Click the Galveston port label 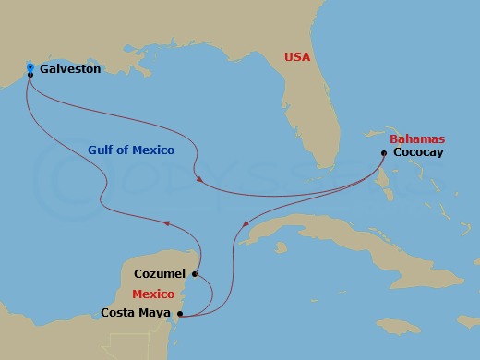click(x=70, y=67)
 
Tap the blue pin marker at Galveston click(x=30, y=67)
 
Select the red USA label click(x=297, y=57)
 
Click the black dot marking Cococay click(x=383, y=152)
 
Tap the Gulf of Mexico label click(x=131, y=150)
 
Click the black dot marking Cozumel click(x=195, y=273)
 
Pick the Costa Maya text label click(x=137, y=315)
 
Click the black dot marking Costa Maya click(x=179, y=315)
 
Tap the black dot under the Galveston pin click(x=30, y=75)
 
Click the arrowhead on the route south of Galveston click(x=166, y=222)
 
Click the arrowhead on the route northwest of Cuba click(x=246, y=223)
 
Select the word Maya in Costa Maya click(x=155, y=315)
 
